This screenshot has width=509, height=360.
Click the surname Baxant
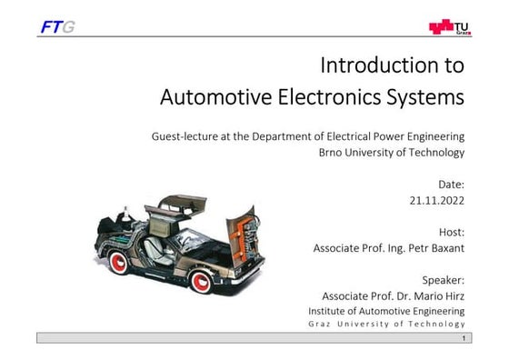pyautogui.click(x=443, y=247)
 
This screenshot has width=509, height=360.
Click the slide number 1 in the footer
pyautogui.click(x=464, y=338)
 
